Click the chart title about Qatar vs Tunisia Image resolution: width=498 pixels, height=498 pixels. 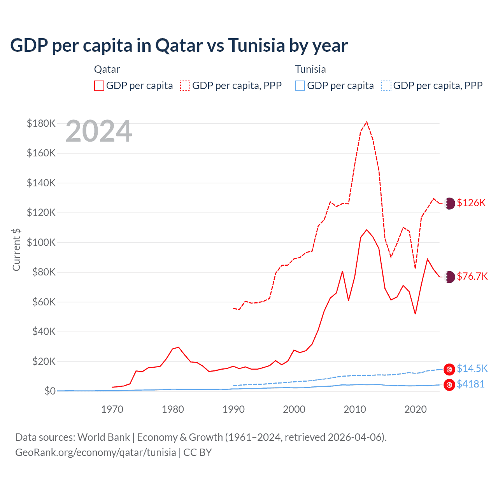[179, 46]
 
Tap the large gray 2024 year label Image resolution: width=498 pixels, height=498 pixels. [99, 132]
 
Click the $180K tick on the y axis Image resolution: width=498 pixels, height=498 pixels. [41, 123]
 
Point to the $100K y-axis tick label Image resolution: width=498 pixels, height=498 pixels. [41, 242]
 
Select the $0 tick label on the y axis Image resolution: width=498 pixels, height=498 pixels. [50, 391]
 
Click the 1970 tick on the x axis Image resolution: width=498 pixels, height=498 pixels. [112, 409]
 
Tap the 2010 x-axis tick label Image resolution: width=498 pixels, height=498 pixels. [355, 409]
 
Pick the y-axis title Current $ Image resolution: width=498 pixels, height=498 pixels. [16, 250]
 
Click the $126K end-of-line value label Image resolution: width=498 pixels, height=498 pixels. [471, 203]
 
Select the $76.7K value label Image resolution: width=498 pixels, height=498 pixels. [472, 276]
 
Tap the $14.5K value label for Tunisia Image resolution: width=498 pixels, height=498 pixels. [472, 368]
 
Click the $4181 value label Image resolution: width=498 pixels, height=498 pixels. [471, 384]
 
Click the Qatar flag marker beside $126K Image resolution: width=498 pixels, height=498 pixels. [449, 203]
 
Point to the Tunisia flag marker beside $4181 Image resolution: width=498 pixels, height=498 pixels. [449, 385]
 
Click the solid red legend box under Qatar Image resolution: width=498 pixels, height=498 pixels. [99, 86]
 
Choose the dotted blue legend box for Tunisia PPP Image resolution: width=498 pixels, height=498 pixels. [386, 86]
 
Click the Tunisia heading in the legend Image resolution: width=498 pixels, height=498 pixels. [310, 69]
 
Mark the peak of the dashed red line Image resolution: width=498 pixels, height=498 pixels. [366, 122]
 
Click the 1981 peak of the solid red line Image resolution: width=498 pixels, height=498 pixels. [179, 347]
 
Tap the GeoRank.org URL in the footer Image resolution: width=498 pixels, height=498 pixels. [96, 452]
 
